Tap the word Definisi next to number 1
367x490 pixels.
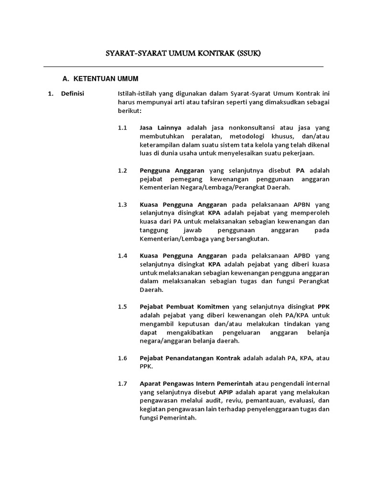tap(73, 93)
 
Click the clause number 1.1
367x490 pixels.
tap(123, 128)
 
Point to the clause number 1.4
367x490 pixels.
tap(123, 256)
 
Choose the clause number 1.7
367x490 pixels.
tap(123, 383)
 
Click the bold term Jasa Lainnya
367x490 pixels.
tap(161, 128)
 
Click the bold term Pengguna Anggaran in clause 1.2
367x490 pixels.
tap(172, 170)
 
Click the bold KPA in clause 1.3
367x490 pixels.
tap(214, 213)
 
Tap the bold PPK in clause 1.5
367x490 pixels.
tap(324, 307)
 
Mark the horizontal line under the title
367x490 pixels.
tap(183, 67)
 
